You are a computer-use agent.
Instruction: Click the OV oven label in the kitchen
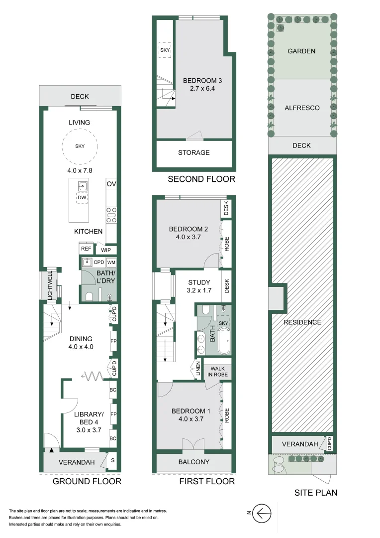coord(111,184)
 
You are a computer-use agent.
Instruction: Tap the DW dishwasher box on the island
coord(82,198)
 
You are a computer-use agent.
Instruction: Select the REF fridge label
coord(86,249)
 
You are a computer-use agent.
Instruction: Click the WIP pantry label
coord(106,250)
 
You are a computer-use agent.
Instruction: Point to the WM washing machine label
coord(111,263)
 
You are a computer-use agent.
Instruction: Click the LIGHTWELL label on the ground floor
coord(50,286)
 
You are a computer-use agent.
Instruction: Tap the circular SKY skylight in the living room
coord(80,146)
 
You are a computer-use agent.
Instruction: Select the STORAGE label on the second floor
coord(193,153)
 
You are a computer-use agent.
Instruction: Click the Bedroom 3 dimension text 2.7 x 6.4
coord(202,89)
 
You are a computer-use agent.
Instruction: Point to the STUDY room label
coord(199,282)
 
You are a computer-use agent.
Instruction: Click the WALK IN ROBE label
coord(217,372)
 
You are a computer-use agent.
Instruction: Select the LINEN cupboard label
coord(198,369)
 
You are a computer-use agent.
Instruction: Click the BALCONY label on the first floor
coord(193,462)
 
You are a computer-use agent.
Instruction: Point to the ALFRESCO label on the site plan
coord(302,108)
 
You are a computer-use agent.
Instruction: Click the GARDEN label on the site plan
coord(301,51)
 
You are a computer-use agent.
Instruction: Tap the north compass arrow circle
coord(262,514)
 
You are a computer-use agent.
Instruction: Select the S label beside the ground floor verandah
coord(113,460)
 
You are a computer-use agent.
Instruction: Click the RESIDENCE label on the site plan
coord(302,322)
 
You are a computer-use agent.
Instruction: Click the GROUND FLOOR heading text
coord(87,481)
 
